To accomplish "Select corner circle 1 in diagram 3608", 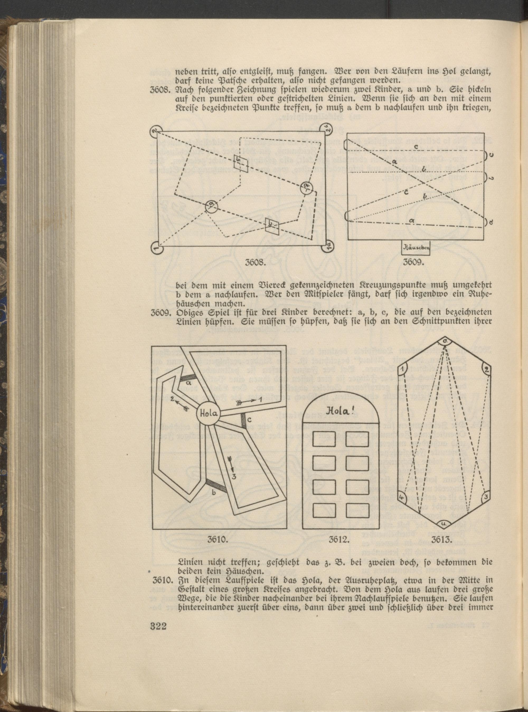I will (x=157, y=248).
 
